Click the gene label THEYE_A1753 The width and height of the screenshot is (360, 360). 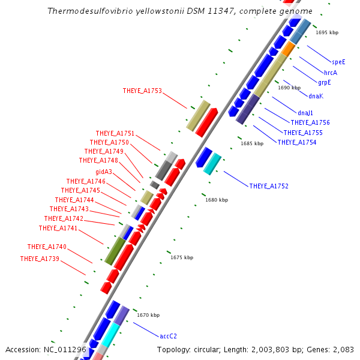(142, 91)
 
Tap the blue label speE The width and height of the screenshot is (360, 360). (338, 62)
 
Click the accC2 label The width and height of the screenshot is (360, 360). (168, 336)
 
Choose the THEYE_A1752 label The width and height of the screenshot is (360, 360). (269, 186)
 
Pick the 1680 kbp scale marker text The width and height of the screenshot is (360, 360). (217, 200)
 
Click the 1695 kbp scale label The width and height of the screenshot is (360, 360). (327, 32)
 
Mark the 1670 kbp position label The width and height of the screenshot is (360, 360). (148, 315)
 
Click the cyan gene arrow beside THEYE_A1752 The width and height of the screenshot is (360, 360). (212, 164)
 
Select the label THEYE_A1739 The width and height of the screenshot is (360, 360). (40, 259)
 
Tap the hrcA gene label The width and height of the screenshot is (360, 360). (331, 72)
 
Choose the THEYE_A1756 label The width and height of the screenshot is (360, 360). (310, 122)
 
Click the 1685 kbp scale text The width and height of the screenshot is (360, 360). (252, 143)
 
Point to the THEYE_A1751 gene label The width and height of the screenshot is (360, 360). (115, 133)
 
